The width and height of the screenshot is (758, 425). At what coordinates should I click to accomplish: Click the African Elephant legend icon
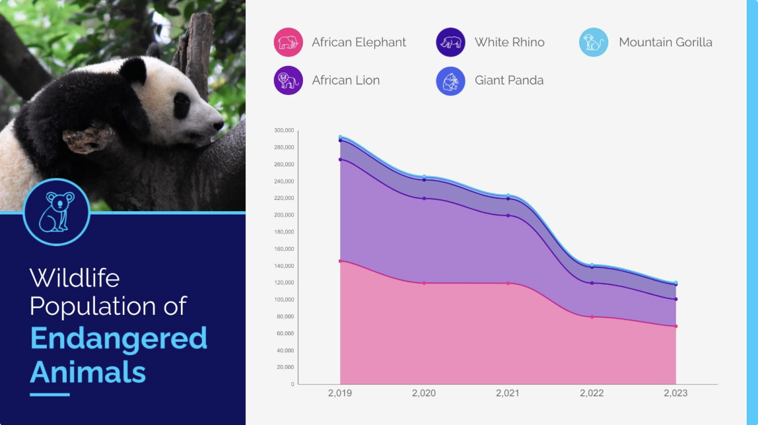point(289,42)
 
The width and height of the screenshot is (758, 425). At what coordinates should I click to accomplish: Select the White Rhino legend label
point(509,42)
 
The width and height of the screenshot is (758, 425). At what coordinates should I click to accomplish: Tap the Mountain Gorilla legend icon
point(594,42)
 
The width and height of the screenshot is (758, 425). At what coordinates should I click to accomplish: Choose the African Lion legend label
point(345,81)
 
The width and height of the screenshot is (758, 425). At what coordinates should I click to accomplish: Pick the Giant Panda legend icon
point(451,81)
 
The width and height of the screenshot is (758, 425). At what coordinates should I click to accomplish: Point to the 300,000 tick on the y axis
point(284,130)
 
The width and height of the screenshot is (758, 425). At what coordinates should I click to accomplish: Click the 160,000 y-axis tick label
point(284,249)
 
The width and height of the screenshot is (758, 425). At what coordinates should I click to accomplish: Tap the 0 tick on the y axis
point(292,384)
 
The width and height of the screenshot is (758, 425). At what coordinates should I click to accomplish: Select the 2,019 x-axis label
point(340,393)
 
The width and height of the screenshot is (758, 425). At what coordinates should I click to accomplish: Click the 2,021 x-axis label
point(508,393)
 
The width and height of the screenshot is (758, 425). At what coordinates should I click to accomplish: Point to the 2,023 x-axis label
point(675,393)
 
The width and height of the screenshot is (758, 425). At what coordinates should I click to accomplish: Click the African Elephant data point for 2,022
point(592,317)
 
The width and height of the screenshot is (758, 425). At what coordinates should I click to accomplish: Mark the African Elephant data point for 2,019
point(340,261)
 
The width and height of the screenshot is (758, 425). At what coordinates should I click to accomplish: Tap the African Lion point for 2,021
point(508,215)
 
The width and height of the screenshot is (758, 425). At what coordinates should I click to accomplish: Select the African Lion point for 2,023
point(675,299)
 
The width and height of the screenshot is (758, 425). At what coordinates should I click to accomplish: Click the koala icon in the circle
point(57,212)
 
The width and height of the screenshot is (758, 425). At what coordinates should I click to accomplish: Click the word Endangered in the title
point(119,339)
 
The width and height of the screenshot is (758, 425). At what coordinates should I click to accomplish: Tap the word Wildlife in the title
point(75,277)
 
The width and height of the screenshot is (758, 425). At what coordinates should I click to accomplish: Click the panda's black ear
point(133,70)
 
